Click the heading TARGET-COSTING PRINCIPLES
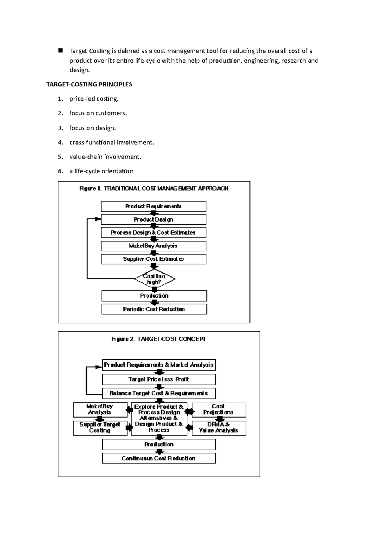[x=89, y=84]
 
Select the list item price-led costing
[x=94, y=99]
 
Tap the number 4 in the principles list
[x=60, y=142]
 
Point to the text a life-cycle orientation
[x=101, y=171]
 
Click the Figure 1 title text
[x=154, y=188]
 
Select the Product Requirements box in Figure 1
[x=154, y=206]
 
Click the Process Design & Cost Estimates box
[x=154, y=232]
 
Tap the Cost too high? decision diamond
[x=154, y=279]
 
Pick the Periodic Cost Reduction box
[x=154, y=309]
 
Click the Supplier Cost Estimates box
[x=154, y=259]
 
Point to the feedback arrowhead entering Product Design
[x=98, y=219]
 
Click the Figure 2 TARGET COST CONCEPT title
[x=159, y=339]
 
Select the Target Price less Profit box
[x=159, y=379]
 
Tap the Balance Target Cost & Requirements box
[x=159, y=393]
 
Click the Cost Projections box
[x=219, y=410]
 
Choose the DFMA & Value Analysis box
[x=219, y=428]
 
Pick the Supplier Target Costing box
[x=100, y=428]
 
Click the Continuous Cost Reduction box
[x=159, y=458]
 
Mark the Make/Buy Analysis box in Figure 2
[x=100, y=410]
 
